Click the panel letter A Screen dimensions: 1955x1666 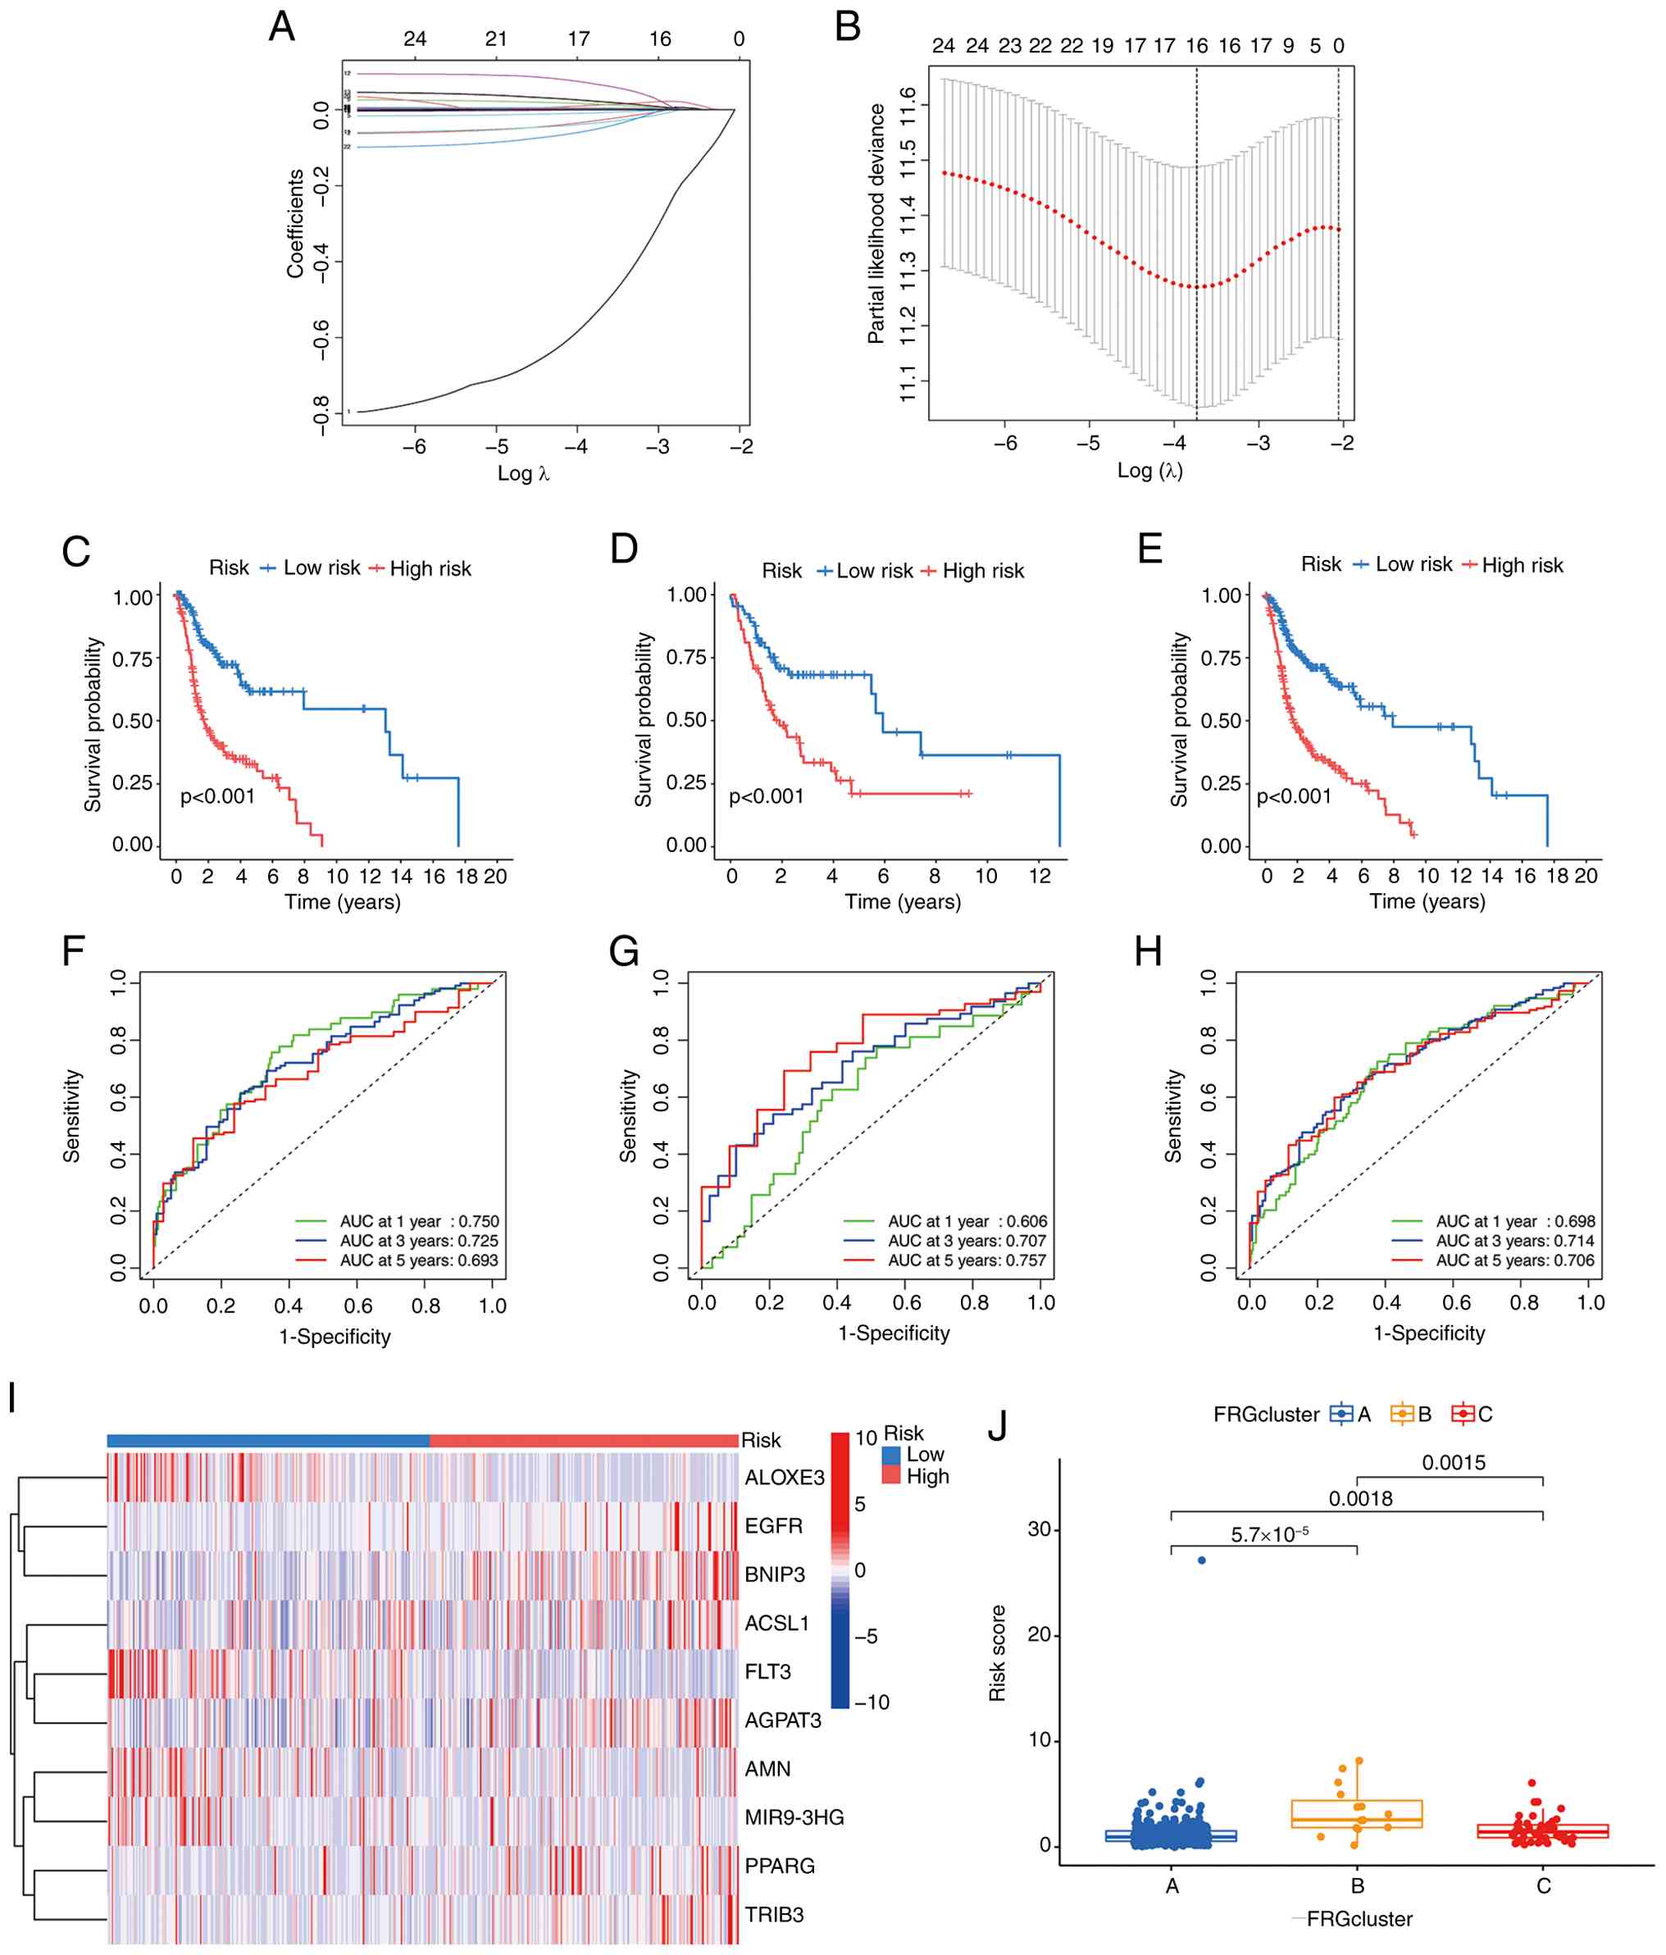point(281,26)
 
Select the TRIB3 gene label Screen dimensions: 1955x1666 point(774,1915)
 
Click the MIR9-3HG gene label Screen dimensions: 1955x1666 point(794,1817)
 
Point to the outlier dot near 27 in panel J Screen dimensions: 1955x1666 point(1201,1561)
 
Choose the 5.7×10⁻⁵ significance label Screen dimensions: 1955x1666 point(1269,1535)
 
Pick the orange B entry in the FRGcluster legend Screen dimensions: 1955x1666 point(1411,1415)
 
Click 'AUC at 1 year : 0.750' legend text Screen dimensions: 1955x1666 point(419,1222)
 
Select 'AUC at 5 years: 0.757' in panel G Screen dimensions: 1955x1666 point(967,1260)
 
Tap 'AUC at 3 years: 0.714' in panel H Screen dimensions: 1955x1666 point(1515,1241)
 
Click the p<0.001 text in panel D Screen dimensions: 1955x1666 point(766,797)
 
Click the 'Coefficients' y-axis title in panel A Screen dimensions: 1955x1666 point(295,224)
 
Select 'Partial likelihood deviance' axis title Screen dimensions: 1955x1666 point(876,224)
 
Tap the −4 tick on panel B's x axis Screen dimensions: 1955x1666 point(1172,444)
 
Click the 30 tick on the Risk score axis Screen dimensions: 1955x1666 point(1039,1529)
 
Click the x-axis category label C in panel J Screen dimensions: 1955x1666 point(1543,1886)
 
